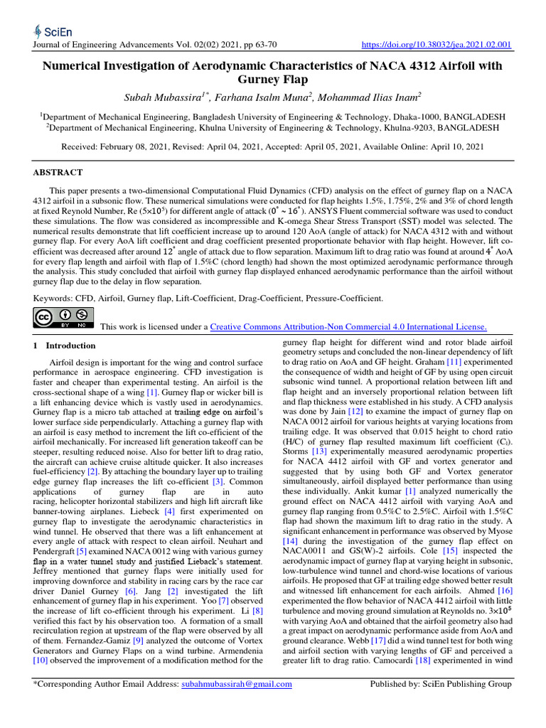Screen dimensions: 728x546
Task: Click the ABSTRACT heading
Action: coord(58,172)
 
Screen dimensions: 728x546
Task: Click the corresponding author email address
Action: coord(235,684)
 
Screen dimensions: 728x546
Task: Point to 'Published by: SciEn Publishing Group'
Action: coord(441,684)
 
